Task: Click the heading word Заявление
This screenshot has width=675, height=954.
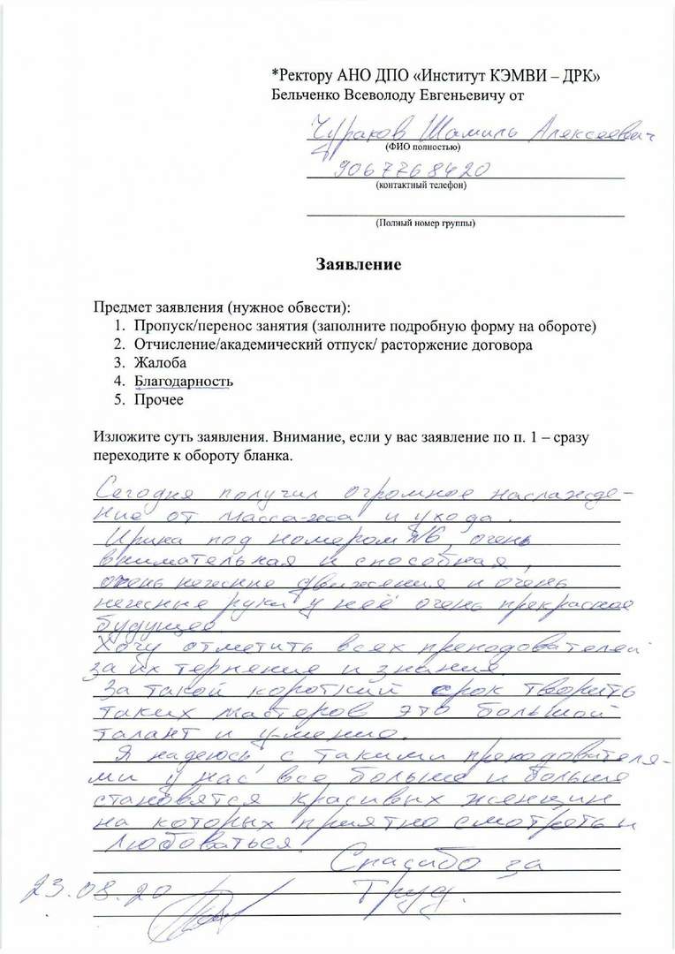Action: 360,264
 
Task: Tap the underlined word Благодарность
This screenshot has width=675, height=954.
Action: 184,382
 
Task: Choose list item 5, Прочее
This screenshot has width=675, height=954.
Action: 159,400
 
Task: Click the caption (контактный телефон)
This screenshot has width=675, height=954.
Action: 421,185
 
